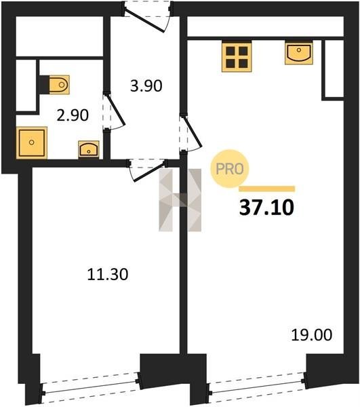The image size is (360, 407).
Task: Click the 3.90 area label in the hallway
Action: click(x=146, y=86)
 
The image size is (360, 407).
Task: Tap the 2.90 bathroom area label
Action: click(x=73, y=115)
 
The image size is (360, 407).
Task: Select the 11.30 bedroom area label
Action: click(x=108, y=274)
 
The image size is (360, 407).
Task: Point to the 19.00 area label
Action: click(x=311, y=335)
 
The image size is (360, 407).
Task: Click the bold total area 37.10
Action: click(x=266, y=208)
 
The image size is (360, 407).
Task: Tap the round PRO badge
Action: click(x=230, y=169)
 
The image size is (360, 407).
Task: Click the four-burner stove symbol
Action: click(x=237, y=57)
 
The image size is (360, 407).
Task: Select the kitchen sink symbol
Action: click(x=299, y=53)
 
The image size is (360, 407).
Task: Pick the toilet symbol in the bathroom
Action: click(x=56, y=85)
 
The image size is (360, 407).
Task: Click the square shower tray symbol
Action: click(x=32, y=142)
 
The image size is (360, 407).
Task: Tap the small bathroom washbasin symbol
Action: click(x=89, y=149)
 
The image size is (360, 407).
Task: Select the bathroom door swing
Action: click(x=114, y=112)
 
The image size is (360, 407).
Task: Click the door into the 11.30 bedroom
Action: click(x=147, y=170)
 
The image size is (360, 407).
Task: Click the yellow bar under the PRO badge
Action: click(x=266, y=189)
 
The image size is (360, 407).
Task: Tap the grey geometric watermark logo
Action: click(x=180, y=200)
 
